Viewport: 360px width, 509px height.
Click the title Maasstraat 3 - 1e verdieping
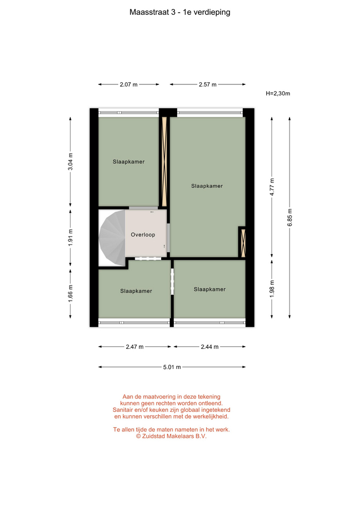[x=180, y=12]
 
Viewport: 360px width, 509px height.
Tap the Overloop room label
[x=143, y=235]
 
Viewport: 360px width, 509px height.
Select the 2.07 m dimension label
[x=128, y=84]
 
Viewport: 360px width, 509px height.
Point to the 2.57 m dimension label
[x=208, y=84]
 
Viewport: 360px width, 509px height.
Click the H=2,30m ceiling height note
[x=278, y=93]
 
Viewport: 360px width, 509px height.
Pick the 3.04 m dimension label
[x=71, y=161]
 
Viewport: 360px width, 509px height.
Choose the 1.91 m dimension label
[x=71, y=238]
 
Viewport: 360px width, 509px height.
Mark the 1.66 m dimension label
[x=71, y=293]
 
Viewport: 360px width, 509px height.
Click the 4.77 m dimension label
[x=272, y=187]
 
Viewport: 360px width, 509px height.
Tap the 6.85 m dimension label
[x=290, y=217]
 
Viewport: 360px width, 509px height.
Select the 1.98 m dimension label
[x=272, y=288]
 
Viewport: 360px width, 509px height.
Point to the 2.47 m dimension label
[x=135, y=347]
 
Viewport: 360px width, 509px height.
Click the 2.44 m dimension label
[x=210, y=347]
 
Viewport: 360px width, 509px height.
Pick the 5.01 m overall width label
[x=172, y=367]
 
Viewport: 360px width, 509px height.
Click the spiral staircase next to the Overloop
[x=112, y=238]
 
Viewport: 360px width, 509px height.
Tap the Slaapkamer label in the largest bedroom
[x=207, y=186]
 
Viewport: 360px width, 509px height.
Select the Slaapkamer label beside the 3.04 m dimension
[x=128, y=162]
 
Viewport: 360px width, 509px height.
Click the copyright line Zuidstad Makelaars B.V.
[x=171, y=436]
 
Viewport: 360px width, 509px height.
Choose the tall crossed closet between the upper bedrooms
[x=164, y=161]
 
